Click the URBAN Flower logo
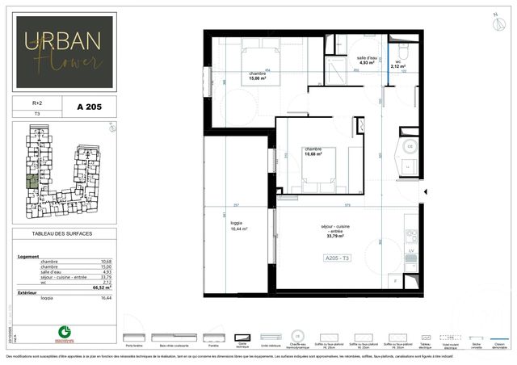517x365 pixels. coord(65,50)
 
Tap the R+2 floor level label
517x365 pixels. coord(37,103)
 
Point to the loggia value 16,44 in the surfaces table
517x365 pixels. coord(104,298)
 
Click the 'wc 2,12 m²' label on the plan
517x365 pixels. coord(398,65)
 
